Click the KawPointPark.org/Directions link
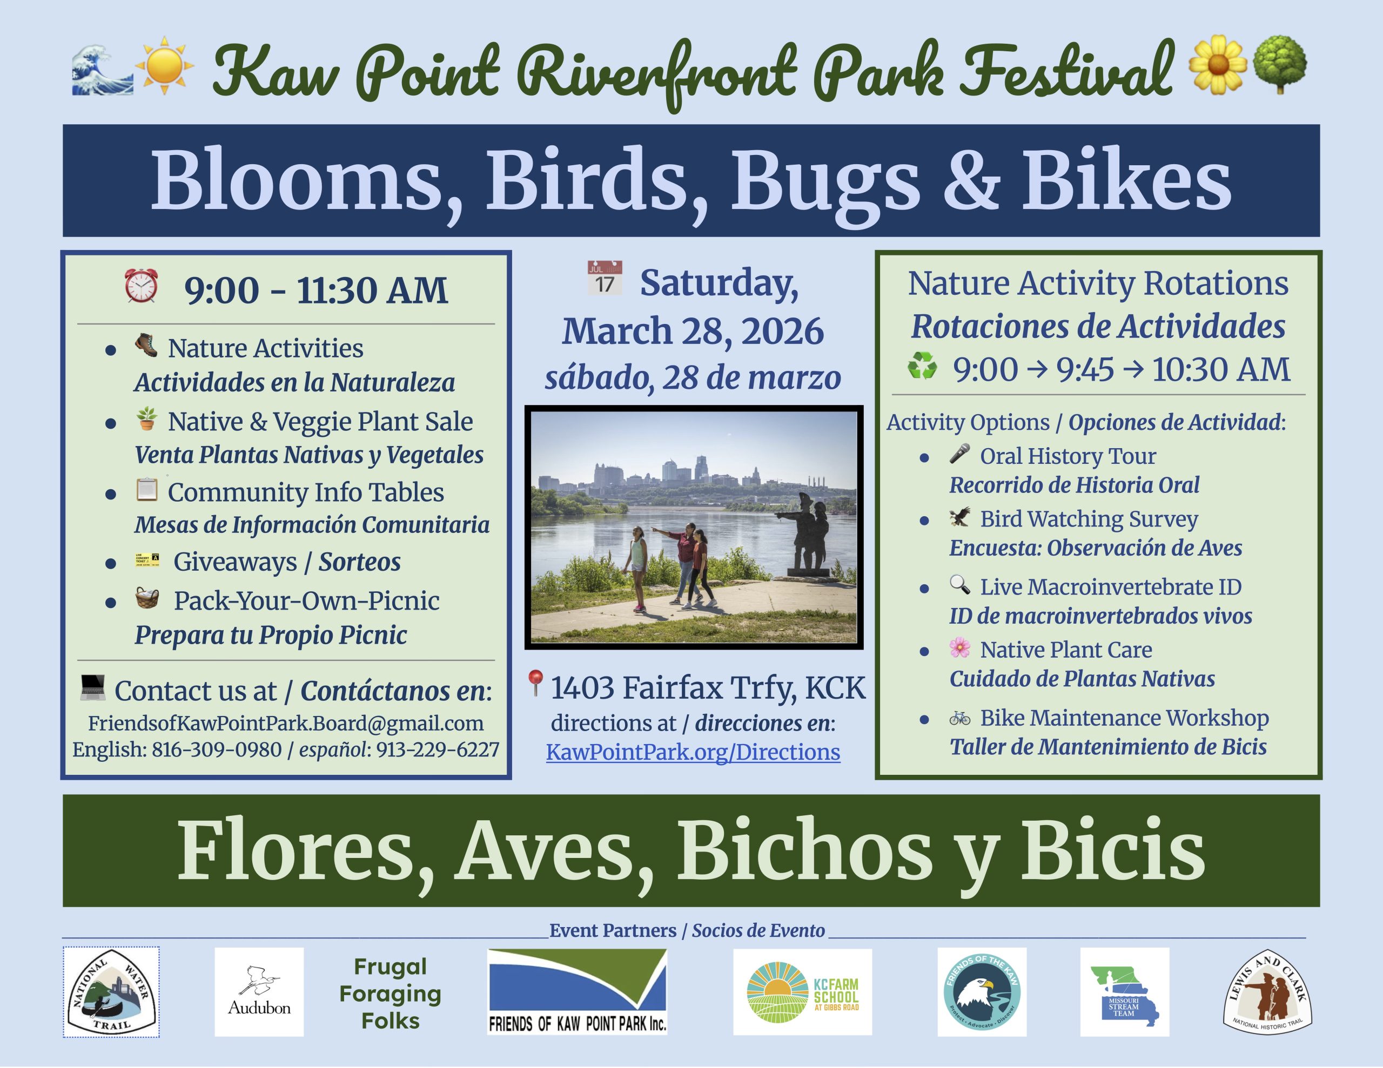pyautogui.click(x=693, y=752)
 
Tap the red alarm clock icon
pyautogui.click(x=141, y=286)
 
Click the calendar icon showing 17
pyautogui.click(x=605, y=278)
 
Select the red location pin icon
pyautogui.click(x=535, y=683)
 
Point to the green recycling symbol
pyautogui.click(x=922, y=366)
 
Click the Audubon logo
pyautogui.click(x=259, y=991)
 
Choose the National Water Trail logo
pyautogui.click(x=111, y=992)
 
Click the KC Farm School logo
pyautogui.click(x=802, y=991)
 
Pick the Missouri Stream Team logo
pyautogui.click(x=1125, y=991)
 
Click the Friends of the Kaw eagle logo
pyautogui.click(x=982, y=991)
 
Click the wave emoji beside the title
pyautogui.click(x=103, y=69)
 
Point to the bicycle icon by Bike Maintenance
pyautogui.click(x=960, y=718)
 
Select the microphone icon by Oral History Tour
pyautogui.click(x=959, y=454)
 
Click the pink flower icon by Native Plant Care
pyautogui.click(x=960, y=647)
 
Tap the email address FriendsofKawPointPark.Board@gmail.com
pyautogui.click(x=286, y=724)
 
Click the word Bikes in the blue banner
pyautogui.click(x=1126, y=180)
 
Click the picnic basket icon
pyautogui.click(x=147, y=598)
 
